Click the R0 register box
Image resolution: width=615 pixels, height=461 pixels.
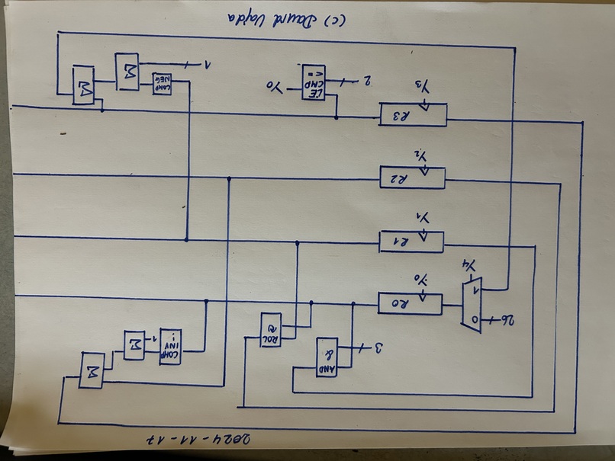point(409,303)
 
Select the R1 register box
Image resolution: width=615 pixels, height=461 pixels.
point(411,242)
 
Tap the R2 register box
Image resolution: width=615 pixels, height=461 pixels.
point(411,178)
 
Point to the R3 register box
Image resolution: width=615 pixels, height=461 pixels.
point(412,114)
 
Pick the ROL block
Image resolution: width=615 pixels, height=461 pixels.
point(269,330)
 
